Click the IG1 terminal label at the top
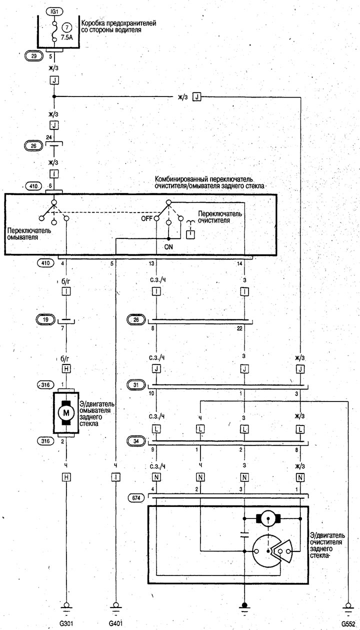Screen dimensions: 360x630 [54, 11]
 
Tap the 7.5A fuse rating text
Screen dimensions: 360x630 [67, 37]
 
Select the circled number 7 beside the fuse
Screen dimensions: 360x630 [67, 27]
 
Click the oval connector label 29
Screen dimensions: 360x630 [34, 56]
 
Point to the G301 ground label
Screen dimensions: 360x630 [66, 623]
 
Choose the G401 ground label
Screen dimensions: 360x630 [115, 623]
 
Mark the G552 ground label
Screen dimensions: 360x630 [348, 623]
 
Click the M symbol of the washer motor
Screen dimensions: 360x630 [66, 413]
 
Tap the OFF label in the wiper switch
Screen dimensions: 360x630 [147, 218]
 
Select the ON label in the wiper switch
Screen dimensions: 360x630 [168, 246]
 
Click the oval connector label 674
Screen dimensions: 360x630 [136, 498]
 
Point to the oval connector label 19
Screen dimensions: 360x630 [45, 319]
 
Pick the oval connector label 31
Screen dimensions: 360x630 [136, 385]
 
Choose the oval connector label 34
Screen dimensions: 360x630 [136, 441]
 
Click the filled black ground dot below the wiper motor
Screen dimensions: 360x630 [244, 604]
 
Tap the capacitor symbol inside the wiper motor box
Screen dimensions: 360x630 [244, 534]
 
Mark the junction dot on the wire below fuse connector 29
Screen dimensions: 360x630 [54, 96]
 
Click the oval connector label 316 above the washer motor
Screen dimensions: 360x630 [45, 385]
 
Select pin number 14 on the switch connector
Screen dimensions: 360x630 [239, 263]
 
